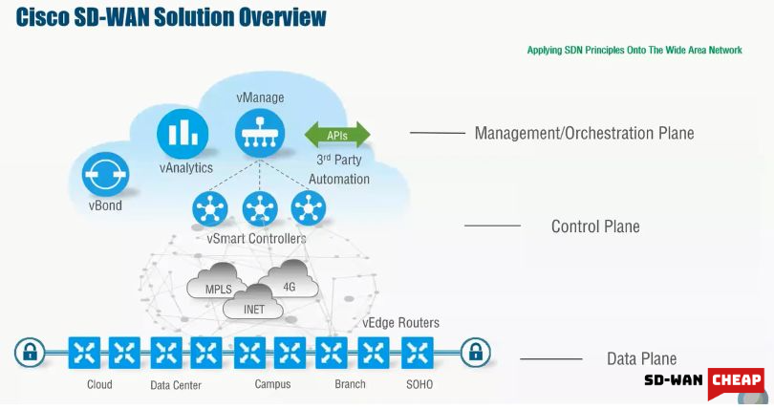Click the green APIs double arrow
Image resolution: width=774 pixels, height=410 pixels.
click(336, 134)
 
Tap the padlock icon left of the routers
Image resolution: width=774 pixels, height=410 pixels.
click(30, 353)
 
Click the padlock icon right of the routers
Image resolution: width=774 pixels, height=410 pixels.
click(474, 353)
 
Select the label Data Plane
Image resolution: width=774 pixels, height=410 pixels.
click(641, 359)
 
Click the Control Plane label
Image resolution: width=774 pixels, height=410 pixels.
click(595, 227)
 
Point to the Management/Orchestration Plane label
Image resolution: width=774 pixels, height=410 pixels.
click(584, 133)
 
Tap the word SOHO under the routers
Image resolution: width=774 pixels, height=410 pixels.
click(419, 384)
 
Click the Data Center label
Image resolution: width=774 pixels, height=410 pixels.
click(175, 385)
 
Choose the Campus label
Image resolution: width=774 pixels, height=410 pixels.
click(272, 384)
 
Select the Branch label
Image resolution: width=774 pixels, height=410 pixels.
click(351, 384)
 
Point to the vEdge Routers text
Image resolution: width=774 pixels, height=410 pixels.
click(400, 323)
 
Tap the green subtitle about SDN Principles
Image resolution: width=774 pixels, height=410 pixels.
click(634, 50)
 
